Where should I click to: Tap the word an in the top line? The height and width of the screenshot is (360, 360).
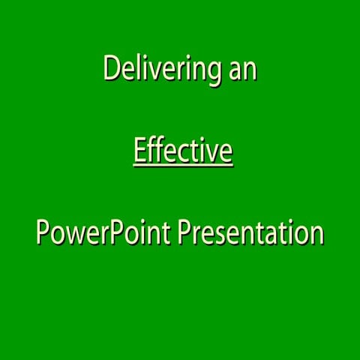(243, 70)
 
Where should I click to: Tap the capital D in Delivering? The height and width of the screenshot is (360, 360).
(110, 69)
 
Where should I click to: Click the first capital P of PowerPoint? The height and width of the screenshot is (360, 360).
(42, 232)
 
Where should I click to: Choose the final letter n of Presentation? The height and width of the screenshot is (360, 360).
(317, 234)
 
